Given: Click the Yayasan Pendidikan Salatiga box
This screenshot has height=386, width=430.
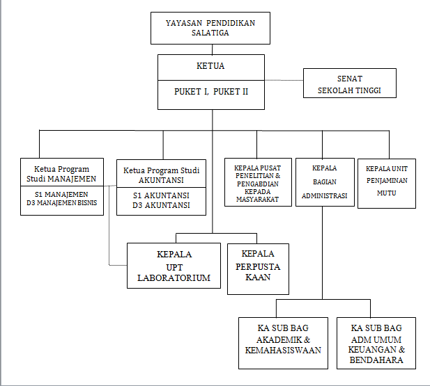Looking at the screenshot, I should click(x=210, y=28).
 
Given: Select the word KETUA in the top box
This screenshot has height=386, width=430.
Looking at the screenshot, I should click(x=210, y=67).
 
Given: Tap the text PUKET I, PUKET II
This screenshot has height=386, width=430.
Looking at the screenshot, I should click(x=210, y=91).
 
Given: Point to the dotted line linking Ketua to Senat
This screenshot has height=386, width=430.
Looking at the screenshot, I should click(x=284, y=80).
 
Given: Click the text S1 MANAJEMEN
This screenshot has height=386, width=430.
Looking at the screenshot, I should click(x=62, y=194).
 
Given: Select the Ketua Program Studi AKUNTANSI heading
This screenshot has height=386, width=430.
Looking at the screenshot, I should click(x=161, y=175).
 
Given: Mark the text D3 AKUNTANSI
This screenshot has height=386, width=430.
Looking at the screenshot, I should click(x=161, y=206).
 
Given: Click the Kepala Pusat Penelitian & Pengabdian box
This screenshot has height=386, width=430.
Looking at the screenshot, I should click(x=257, y=183).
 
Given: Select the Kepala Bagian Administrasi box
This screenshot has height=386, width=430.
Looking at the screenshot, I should click(x=324, y=182).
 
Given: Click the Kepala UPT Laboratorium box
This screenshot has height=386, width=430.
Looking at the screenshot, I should click(x=174, y=266).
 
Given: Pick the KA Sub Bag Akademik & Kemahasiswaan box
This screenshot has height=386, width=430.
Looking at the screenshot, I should click(x=283, y=339).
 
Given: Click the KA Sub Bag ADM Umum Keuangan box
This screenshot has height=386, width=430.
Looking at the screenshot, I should click(x=377, y=339).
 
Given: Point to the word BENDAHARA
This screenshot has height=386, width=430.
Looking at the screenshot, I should click(x=377, y=360).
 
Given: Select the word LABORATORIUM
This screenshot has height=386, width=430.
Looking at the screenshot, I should click(x=174, y=278).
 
